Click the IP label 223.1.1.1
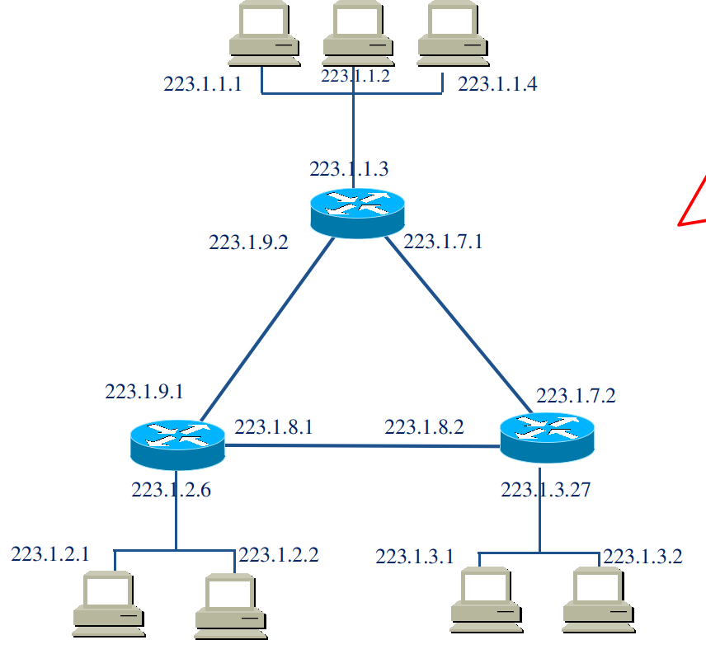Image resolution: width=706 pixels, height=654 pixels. click(x=203, y=84)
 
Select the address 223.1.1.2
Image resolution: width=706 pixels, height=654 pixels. click(x=355, y=76)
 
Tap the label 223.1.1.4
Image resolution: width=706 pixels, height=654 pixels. click(x=497, y=84)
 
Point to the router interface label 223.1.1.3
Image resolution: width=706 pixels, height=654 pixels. click(x=349, y=169)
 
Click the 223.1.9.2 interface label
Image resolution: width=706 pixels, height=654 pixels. click(x=248, y=242)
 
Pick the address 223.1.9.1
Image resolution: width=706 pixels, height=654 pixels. click(x=144, y=392)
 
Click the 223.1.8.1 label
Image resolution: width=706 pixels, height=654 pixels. click(x=274, y=427)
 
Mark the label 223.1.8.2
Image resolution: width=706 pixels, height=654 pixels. click(x=424, y=427)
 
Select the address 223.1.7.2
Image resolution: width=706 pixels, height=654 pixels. click(x=576, y=396)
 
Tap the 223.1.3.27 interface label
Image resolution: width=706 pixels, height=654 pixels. click(x=546, y=490)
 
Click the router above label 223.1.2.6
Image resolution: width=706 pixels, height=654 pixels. click(x=177, y=445)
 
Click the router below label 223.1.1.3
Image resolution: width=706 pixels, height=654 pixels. click(x=358, y=212)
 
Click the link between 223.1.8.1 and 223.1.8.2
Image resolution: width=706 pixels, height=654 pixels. click(x=363, y=446)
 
